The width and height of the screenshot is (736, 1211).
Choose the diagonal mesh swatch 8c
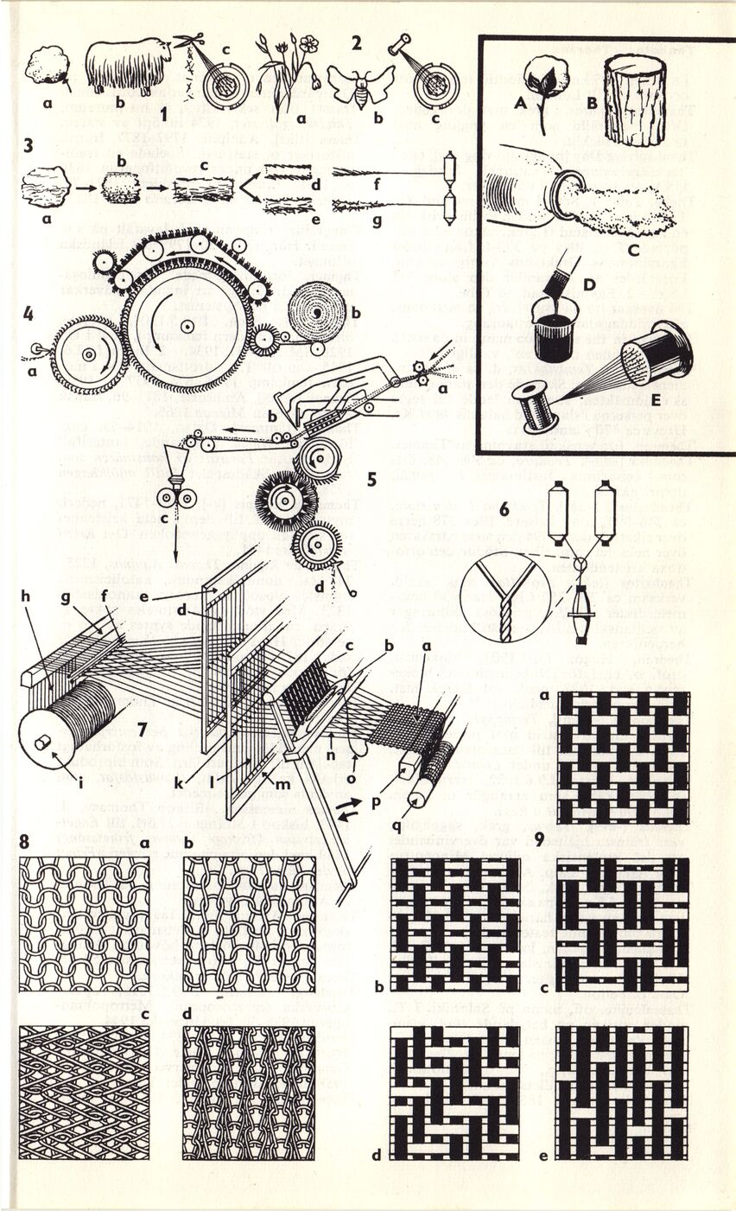pos(83,1092)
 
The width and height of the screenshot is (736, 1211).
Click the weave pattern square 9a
pos(623,756)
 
